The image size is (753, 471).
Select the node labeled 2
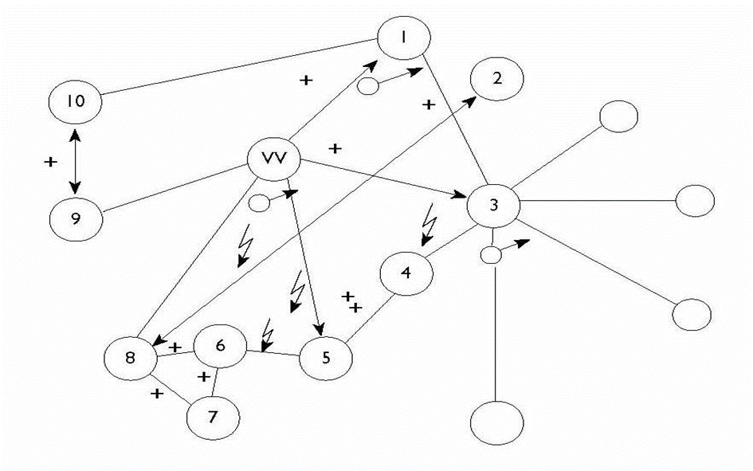tap(496, 80)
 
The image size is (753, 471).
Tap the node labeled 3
tap(493, 205)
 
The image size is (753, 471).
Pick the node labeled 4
tap(406, 273)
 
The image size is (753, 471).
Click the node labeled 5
tap(325, 357)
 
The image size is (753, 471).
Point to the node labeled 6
tap(221, 345)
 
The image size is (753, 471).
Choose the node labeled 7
tap(212, 414)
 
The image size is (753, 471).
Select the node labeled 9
tap(76, 218)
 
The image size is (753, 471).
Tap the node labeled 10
tap(74, 102)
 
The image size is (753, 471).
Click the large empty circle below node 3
tap(497, 422)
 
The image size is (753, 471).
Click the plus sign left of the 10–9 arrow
tap(51, 162)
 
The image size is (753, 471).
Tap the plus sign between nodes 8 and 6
tap(175, 347)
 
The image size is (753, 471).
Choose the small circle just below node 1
tap(367, 85)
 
